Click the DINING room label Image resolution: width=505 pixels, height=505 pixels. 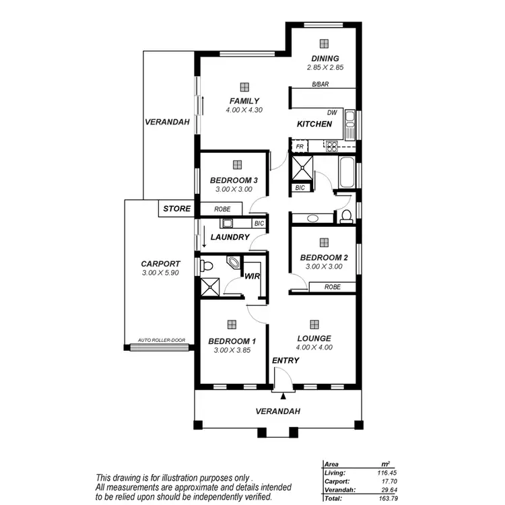[x=325, y=59]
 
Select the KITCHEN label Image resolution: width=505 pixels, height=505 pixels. [x=314, y=125]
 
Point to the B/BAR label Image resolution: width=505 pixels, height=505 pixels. [x=319, y=85]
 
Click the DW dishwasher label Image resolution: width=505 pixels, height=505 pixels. [x=331, y=112]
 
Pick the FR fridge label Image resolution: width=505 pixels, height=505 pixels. [x=300, y=145]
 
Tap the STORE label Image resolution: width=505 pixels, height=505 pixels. [x=177, y=209]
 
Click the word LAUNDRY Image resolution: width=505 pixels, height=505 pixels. [x=230, y=238]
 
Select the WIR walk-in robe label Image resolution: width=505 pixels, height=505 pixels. [x=252, y=277]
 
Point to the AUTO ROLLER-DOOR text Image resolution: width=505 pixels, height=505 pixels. [x=161, y=341]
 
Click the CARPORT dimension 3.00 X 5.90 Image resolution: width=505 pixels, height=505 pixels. [x=160, y=273]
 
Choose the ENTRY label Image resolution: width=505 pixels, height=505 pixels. [x=285, y=361]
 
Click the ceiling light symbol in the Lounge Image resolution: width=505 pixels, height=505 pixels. [x=314, y=324]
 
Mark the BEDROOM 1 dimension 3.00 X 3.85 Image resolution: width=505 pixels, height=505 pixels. [x=232, y=349]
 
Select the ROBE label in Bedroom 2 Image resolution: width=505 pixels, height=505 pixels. [x=332, y=287]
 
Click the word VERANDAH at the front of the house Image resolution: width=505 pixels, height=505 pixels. [x=277, y=411]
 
